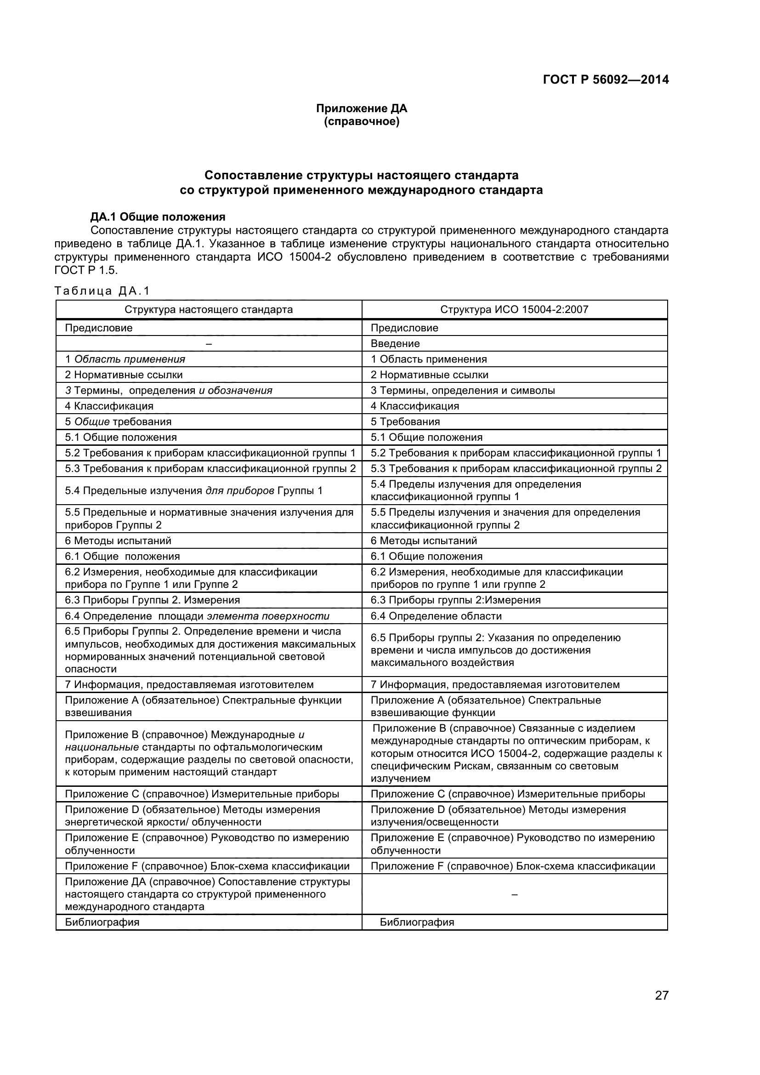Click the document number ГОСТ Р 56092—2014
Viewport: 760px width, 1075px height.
point(606,80)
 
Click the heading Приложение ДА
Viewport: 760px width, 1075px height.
point(361,108)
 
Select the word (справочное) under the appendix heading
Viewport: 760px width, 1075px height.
point(361,122)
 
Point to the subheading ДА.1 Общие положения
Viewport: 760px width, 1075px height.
point(158,217)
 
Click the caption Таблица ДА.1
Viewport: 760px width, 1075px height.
point(102,291)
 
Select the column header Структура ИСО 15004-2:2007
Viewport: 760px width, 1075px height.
point(514,309)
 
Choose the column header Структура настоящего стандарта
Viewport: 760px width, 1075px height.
point(208,309)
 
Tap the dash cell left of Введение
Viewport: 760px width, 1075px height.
point(208,344)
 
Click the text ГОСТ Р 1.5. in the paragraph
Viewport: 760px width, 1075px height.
point(85,270)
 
